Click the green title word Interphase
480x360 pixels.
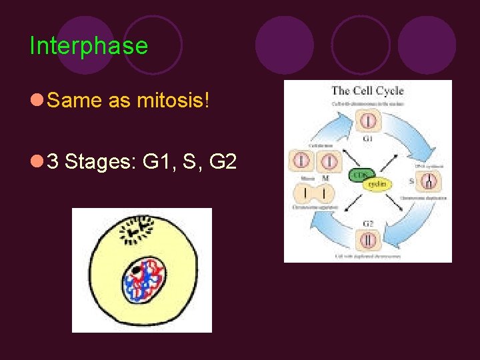click(x=89, y=46)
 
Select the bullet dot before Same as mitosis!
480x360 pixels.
click(x=37, y=101)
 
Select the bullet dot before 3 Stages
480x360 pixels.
click(x=37, y=161)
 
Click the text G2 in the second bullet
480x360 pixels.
click(x=223, y=161)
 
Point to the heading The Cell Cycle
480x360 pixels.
click(x=367, y=91)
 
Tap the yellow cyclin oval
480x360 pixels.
click(x=377, y=184)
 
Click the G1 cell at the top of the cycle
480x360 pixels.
click(x=367, y=121)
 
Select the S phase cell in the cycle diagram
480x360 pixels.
click(x=431, y=180)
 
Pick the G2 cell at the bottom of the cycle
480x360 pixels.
click(x=367, y=239)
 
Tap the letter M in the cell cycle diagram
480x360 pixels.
click(x=325, y=179)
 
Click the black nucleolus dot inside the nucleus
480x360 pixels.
click(x=137, y=270)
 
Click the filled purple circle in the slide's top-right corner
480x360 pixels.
click(x=427, y=45)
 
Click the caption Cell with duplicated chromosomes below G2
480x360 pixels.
click(x=367, y=256)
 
